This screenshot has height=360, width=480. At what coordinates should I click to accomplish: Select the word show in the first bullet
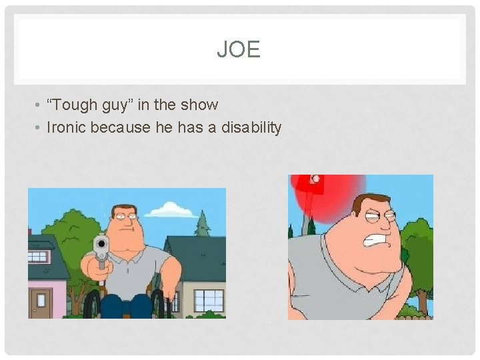pos(203,105)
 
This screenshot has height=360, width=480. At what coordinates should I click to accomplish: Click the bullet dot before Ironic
pos(41,127)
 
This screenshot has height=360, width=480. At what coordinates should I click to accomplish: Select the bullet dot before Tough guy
pos(41,105)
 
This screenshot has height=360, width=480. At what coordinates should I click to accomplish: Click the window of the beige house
pos(208,299)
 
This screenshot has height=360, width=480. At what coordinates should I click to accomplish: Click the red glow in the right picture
pos(333,200)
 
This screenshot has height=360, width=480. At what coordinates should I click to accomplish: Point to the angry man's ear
pos(350,227)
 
